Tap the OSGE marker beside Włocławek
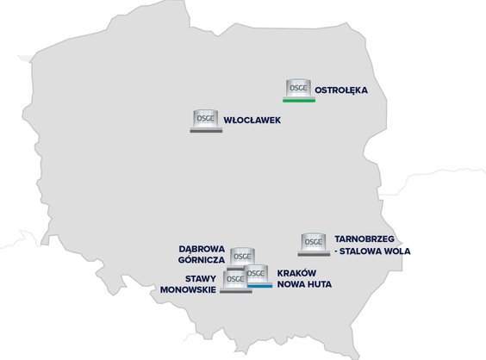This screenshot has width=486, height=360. click(x=204, y=120)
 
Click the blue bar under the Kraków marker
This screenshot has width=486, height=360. click(x=259, y=285)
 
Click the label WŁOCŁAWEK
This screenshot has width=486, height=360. click(x=252, y=120)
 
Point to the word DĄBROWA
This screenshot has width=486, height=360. click(x=202, y=247)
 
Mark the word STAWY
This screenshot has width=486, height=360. click(x=200, y=277)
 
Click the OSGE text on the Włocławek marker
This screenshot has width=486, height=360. click(x=204, y=117)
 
